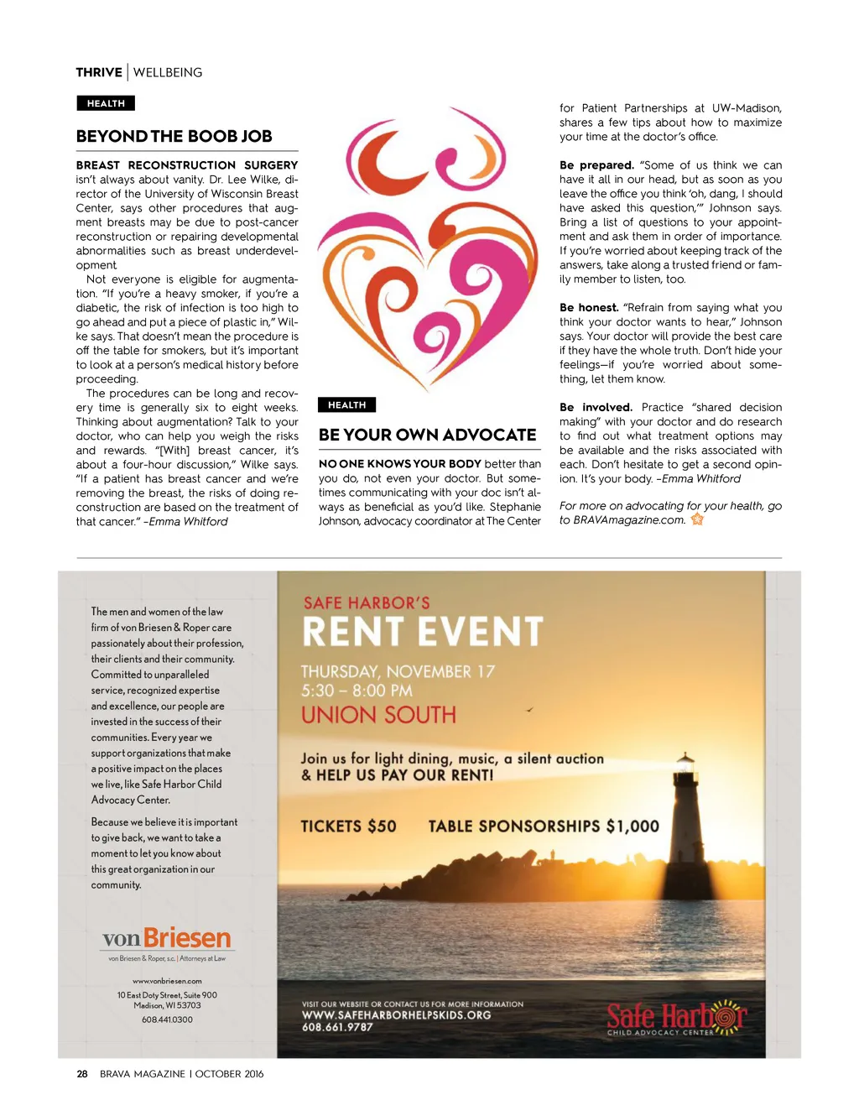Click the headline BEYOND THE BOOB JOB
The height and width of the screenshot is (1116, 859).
[x=174, y=136]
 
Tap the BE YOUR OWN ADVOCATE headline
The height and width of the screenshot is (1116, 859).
[x=427, y=435]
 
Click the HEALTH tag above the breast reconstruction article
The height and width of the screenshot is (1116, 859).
[x=106, y=103]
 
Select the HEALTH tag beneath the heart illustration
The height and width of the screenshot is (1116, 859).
[x=346, y=404]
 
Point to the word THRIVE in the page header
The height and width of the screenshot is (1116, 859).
[x=99, y=72]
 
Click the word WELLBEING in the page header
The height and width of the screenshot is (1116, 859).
[x=168, y=72]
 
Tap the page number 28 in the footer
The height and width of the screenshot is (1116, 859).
[x=82, y=1073]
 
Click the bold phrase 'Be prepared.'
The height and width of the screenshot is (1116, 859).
[x=596, y=165]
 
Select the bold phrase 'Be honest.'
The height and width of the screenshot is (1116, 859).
[x=589, y=308]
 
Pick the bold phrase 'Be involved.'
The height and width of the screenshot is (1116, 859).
[x=596, y=407]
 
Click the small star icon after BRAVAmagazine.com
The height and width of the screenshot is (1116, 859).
[x=697, y=519]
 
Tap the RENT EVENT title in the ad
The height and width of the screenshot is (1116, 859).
[x=423, y=632]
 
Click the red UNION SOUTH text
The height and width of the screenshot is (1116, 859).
[x=378, y=715]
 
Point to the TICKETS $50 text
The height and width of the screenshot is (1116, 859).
[x=348, y=827]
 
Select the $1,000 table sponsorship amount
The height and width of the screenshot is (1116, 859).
[x=633, y=827]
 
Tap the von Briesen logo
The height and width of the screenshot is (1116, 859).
[x=166, y=939]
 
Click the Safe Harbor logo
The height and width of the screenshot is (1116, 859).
[x=675, y=1017]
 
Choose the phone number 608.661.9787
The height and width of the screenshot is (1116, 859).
[x=337, y=1027]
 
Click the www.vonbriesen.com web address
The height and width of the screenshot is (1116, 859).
[x=167, y=981]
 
